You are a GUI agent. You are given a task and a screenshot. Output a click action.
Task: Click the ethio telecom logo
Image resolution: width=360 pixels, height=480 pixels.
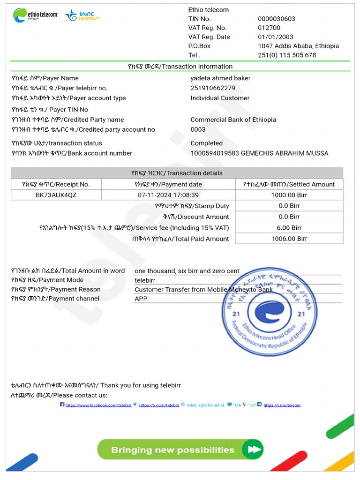(x=35, y=15)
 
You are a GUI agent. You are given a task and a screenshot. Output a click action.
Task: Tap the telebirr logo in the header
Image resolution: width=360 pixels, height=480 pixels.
(x=82, y=15)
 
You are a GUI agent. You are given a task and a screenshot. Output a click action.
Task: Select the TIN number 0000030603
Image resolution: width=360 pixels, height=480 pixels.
(x=277, y=19)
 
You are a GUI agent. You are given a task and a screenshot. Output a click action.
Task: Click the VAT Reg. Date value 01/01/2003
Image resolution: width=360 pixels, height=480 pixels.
(x=276, y=37)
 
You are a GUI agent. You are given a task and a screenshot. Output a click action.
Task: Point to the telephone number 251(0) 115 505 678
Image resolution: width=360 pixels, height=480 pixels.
(x=287, y=55)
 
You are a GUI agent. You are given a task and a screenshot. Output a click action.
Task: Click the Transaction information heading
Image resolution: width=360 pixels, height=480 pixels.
(x=180, y=67)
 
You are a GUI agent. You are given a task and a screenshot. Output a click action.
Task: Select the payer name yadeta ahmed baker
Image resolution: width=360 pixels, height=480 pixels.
(x=220, y=78)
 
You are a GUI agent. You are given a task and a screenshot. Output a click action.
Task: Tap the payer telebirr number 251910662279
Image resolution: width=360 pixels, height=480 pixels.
(x=213, y=88)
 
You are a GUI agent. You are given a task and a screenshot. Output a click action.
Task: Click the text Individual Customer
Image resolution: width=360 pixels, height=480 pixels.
(x=220, y=98)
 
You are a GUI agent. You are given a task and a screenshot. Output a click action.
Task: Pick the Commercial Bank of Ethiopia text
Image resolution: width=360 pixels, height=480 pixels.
(x=233, y=120)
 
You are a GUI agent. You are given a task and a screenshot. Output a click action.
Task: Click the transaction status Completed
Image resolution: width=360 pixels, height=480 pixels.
(x=206, y=143)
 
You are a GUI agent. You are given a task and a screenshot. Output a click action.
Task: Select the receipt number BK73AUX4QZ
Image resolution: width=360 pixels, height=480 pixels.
(x=56, y=195)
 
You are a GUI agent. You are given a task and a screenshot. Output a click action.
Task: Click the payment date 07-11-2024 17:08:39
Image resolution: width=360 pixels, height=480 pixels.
(x=168, y=195)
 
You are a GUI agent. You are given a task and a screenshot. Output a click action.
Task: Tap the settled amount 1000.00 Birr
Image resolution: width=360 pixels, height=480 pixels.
(x=289, y=195)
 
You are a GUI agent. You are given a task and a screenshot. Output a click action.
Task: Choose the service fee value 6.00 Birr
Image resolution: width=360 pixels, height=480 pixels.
(x=289, y=228)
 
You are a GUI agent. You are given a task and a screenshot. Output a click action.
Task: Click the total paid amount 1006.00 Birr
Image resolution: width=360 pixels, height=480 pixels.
(x=289, y=239)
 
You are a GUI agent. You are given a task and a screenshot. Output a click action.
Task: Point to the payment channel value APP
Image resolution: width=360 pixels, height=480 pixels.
(x=141, y=299)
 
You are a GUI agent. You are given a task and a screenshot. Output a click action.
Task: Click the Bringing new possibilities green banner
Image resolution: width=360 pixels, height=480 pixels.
(x=180, y=450)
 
